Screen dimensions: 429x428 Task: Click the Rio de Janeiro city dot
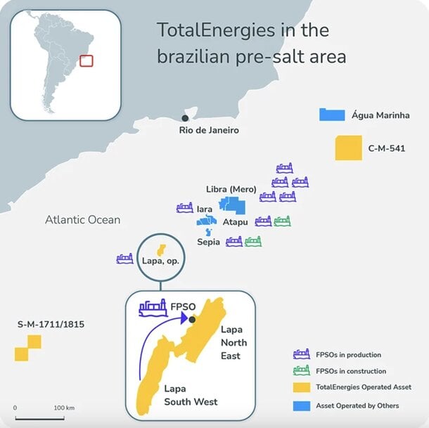pos(185,118)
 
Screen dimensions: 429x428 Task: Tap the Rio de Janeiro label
pos(209,130)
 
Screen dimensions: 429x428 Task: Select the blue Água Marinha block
pos(331,115)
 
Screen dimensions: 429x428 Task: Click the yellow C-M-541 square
pos(348,148)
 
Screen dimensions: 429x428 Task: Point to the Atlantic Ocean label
pos(82,220)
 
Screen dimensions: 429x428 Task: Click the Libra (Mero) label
pos(231,190)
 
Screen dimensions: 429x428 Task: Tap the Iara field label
pos(205,209)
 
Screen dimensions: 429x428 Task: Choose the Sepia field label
pos(209,242)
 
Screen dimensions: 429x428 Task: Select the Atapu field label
pos(235,222)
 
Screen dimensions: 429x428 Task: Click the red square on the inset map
pos(87,60)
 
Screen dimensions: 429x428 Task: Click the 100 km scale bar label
pos(65,408)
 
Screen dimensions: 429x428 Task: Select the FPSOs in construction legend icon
pos(302,371)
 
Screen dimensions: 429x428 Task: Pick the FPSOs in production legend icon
pos(302,355)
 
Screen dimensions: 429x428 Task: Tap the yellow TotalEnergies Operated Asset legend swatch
pos(302,387)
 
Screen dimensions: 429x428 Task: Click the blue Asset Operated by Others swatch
pos(302,406)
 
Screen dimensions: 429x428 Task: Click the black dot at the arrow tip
pos(192,319)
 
